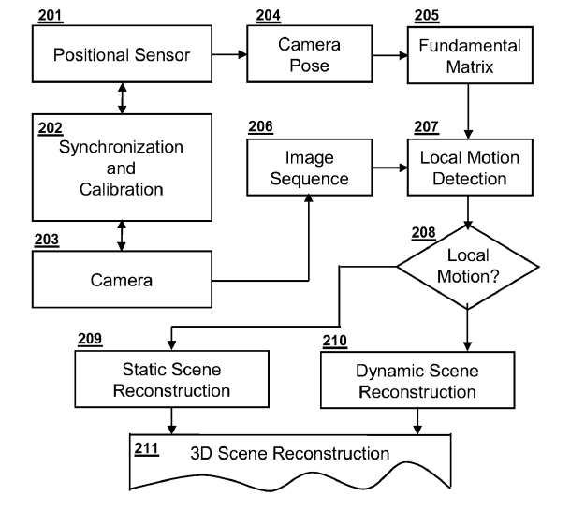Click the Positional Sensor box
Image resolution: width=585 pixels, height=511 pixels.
[x=122, y=54]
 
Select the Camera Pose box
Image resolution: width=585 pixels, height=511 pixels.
[x=309, y=54]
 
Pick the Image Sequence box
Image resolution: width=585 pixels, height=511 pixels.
[x=309, y=168]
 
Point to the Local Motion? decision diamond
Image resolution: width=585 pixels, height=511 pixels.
[x=468, y=266]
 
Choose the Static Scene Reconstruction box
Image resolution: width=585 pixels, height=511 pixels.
[x=171, y=379]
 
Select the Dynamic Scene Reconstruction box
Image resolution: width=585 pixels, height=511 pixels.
[x=417, y=382]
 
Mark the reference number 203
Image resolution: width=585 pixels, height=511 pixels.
[x=45, y=240]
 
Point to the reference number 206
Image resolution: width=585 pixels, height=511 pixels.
[x=260, y=125]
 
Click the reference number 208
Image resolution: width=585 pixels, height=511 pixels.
[x=424, y=232]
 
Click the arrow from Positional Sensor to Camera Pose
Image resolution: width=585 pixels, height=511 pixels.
[x=230, y=54]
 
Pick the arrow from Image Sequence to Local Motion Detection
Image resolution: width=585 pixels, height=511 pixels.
[x=388, y=168]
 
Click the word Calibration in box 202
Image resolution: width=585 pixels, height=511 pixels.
[x=122, y=189]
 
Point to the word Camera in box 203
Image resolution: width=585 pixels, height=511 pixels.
[x=122, y=279]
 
